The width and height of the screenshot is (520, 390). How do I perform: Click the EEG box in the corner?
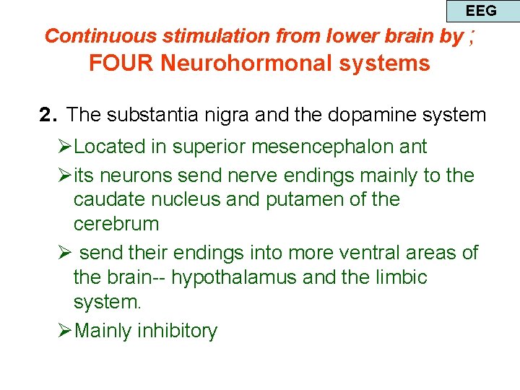pyautogui.click(x=481, y=11)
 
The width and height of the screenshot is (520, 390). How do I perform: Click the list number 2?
pyautogui.click(x=48, y=115)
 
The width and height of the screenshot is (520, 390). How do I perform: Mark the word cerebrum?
pyautogui.click(x=116, y=224)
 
